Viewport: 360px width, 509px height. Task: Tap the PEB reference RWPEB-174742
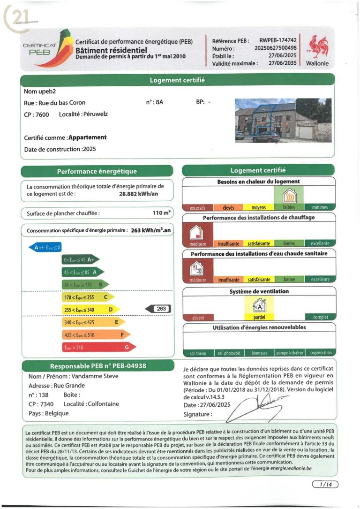point(278,41)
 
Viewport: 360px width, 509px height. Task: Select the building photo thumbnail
point(283,121)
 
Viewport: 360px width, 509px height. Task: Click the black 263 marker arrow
point(157,309)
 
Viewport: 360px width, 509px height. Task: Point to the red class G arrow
point(98,348)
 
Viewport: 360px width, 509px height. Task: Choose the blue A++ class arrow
point(45,247)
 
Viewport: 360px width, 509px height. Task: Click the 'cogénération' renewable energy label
point(321,353)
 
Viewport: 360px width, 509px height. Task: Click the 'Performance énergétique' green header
point(97,172)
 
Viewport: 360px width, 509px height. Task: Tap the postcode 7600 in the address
point(39,114)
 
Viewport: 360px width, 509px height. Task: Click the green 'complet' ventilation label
point(321,317)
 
